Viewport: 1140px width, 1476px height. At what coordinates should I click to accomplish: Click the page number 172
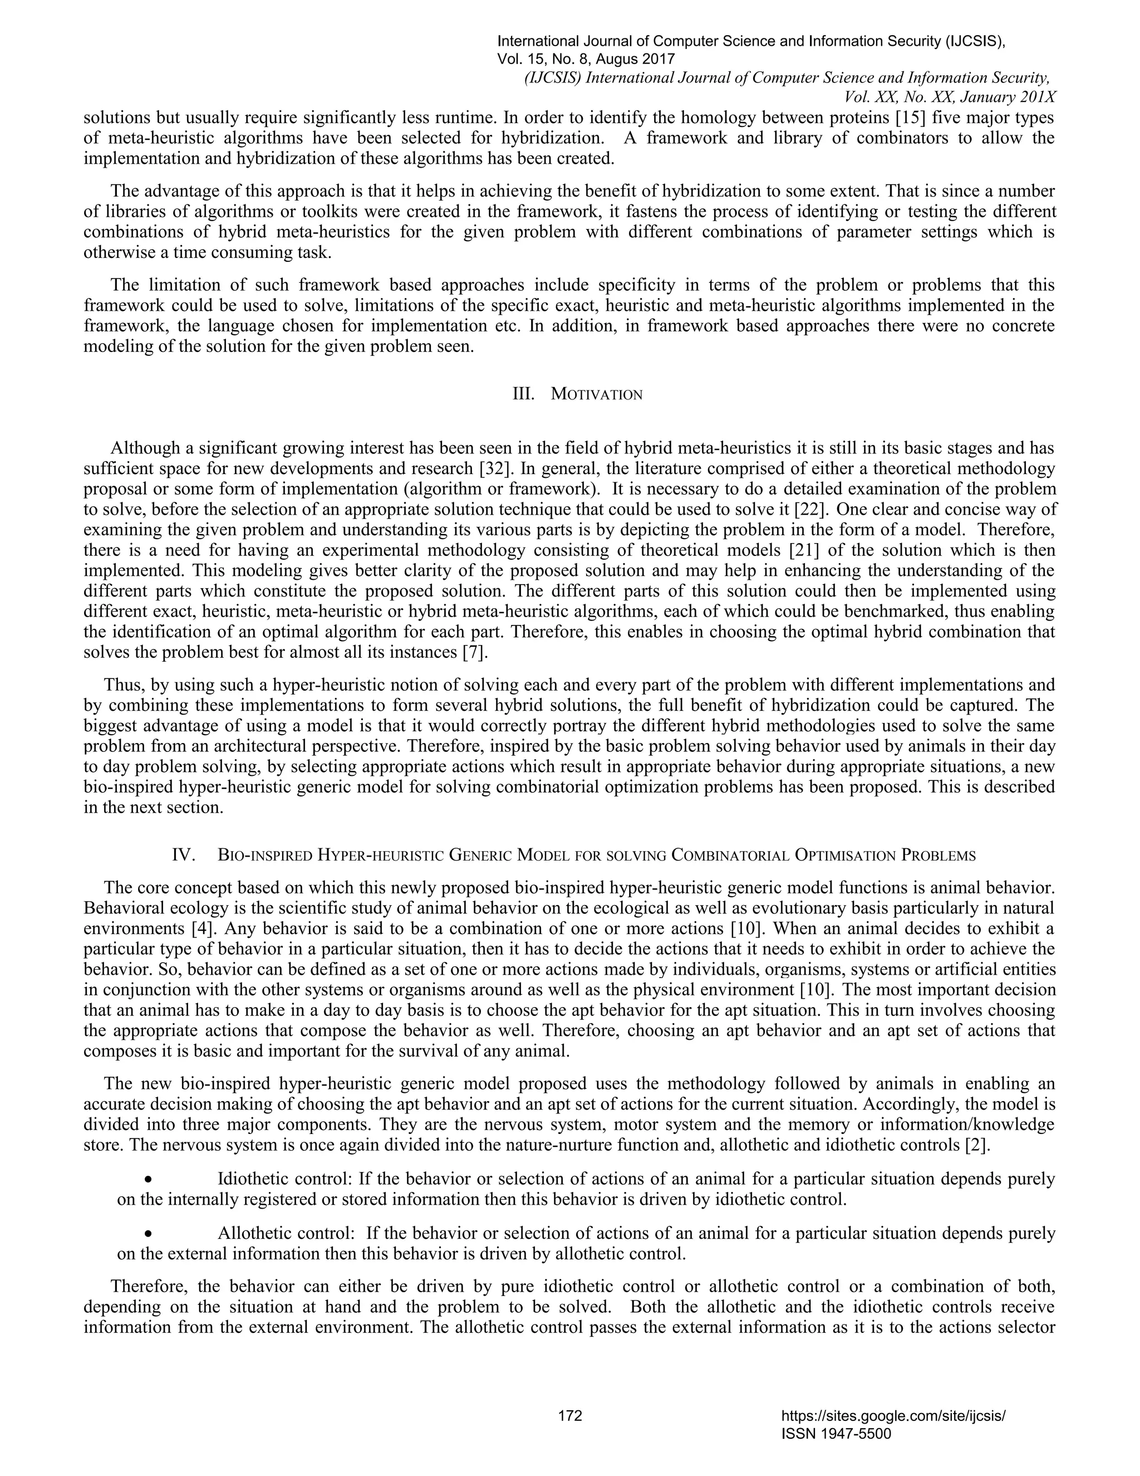[570, 1415]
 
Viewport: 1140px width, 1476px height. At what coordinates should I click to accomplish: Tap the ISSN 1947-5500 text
[836, 1434]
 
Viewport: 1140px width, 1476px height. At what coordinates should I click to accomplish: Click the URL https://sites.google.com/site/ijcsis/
[893, 1416]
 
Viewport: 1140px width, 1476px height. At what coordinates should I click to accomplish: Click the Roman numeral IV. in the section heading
[184, 855]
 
